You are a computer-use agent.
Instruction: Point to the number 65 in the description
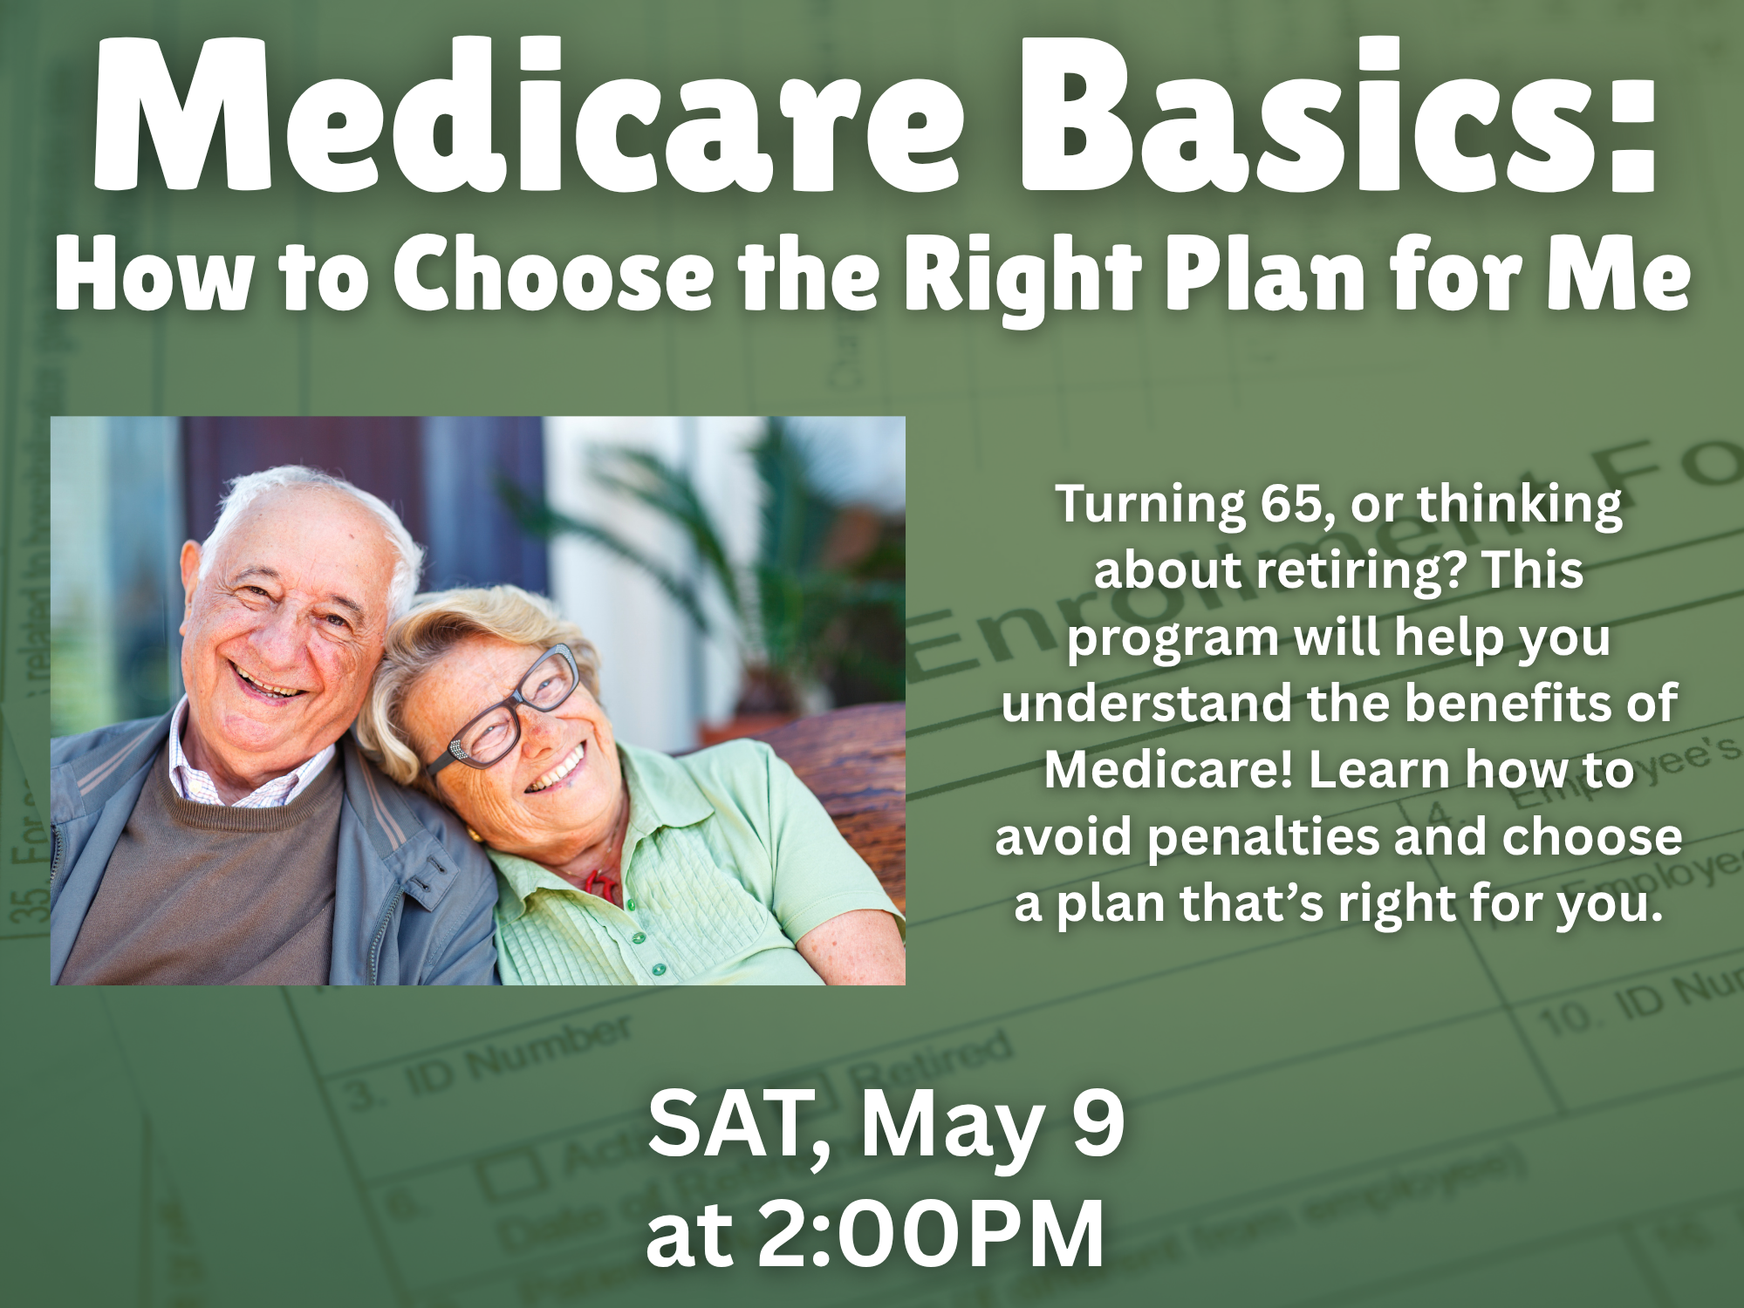1289,504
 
